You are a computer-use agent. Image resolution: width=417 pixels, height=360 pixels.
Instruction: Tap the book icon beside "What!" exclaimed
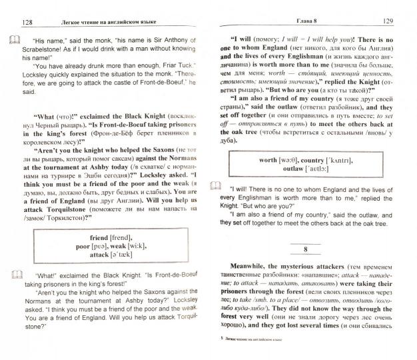(14, 272)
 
